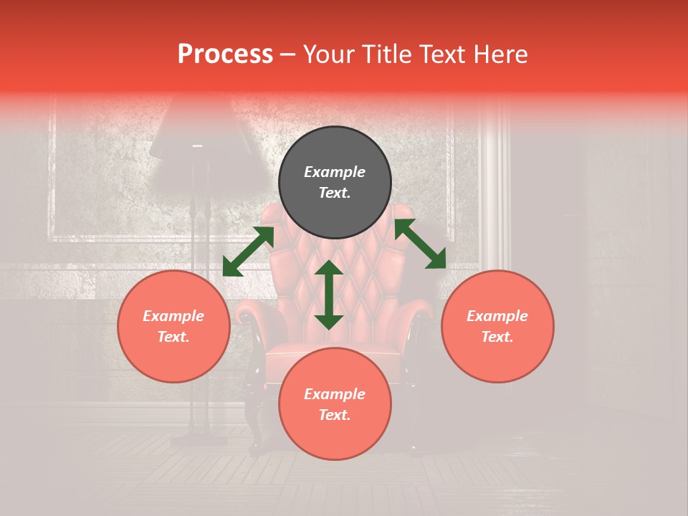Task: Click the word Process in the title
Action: tap(225, 54)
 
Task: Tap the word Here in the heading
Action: tap(499, 54)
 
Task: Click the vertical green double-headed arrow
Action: tap(329, 295)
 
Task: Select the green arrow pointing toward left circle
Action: tap(248, 252)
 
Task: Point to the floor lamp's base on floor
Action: tap(199, 439)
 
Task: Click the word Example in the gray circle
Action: tap(335, 172)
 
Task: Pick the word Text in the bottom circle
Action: tap(335, 415)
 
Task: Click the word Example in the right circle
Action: tap(497, 316)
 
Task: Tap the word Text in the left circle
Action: tap(173, 337)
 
